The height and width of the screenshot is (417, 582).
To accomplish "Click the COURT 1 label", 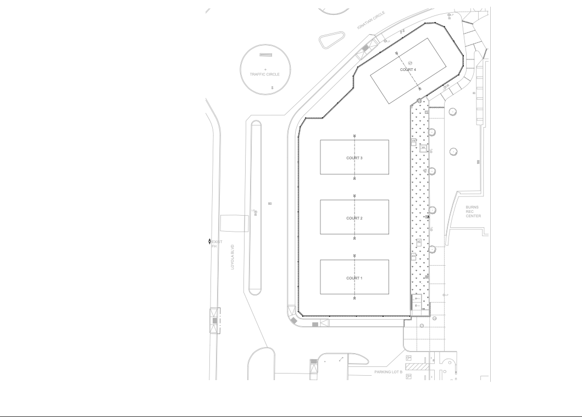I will [354, 278].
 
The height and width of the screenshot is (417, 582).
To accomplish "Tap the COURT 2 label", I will [354, 218].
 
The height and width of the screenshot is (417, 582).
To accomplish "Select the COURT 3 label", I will [354, 158].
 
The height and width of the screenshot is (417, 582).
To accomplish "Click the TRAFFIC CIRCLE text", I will [265, 74].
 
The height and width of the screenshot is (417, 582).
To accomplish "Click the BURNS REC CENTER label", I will [473, 212].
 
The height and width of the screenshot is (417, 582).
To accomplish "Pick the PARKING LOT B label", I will [389, 372].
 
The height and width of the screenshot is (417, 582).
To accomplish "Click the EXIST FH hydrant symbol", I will [209, 242].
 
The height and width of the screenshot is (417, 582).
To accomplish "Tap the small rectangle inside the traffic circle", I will [265, 55].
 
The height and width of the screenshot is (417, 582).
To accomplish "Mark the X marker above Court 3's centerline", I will [354, 136].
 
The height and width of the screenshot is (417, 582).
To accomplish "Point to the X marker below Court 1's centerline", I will [354, 298].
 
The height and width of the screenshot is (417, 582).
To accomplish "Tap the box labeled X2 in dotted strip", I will [419, 242].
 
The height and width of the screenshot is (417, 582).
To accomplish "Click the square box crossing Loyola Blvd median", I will [235, 223].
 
